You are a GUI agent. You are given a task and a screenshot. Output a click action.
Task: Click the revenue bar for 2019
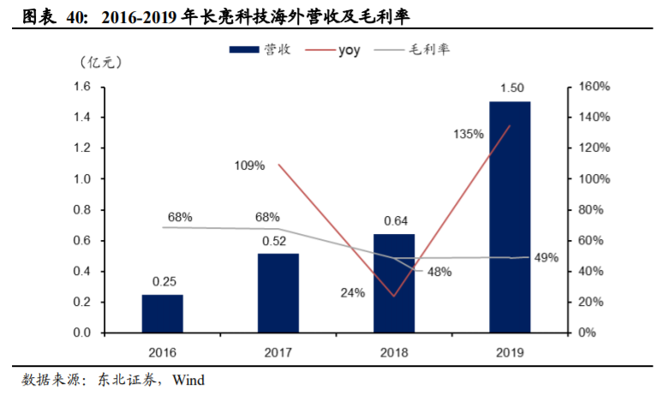tap(509, 217)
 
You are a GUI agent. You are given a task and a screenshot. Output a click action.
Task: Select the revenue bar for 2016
tap(162, 313)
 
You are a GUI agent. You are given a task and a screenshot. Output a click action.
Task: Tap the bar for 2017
tap(278, 292)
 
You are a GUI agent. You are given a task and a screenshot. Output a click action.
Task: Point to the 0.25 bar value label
tap(162, 281)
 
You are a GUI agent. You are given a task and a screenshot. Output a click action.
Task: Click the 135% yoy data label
tap(469, 135)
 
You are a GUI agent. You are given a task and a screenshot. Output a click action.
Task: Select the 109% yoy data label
tap(249, 165)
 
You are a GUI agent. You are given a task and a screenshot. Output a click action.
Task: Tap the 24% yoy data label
tap(352, 292)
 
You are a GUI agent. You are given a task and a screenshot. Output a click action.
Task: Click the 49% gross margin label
tap(547, 257)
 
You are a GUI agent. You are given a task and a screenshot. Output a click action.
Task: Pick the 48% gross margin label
tap(439, 272)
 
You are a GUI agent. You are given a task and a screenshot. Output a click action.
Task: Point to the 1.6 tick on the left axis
tap(82, 87)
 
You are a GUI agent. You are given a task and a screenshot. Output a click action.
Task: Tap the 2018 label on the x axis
tap(393, 352)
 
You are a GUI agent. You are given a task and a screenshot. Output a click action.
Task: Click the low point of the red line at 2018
tap(394, 297)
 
